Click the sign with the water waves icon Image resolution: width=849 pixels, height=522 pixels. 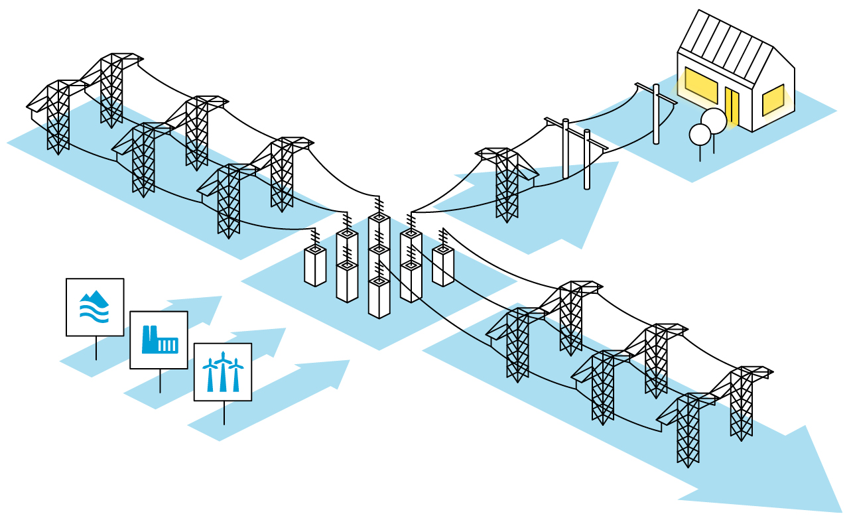(x=95, y=306)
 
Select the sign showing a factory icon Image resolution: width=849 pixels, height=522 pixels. (x=159, y=340)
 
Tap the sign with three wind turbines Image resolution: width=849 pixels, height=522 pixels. (x=222, y=371)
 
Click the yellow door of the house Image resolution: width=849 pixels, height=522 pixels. (x=732, y=106)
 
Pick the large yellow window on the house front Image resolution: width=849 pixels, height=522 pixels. (x=701, y=86)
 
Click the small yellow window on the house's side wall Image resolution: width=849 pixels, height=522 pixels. (x=773, y=100)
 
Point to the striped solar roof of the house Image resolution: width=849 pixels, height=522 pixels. (x=727, y=47)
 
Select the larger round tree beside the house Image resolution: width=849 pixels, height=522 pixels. (x=714, y=121)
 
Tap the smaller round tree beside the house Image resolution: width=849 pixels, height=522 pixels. (x=700, y=135)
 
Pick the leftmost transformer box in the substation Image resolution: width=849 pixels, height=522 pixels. (x=315, y=265)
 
